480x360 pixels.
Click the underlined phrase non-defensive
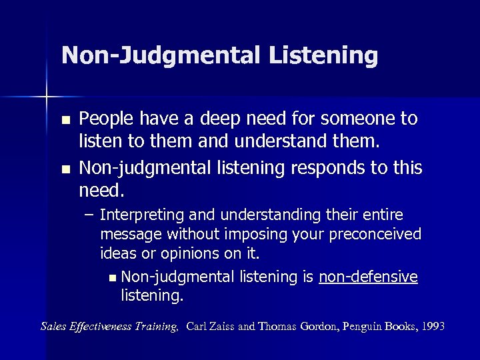click(x=368, y=277)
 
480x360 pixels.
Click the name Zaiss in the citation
click(x=223, y=326)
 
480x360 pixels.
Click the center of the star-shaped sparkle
click(x=47, y=97)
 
